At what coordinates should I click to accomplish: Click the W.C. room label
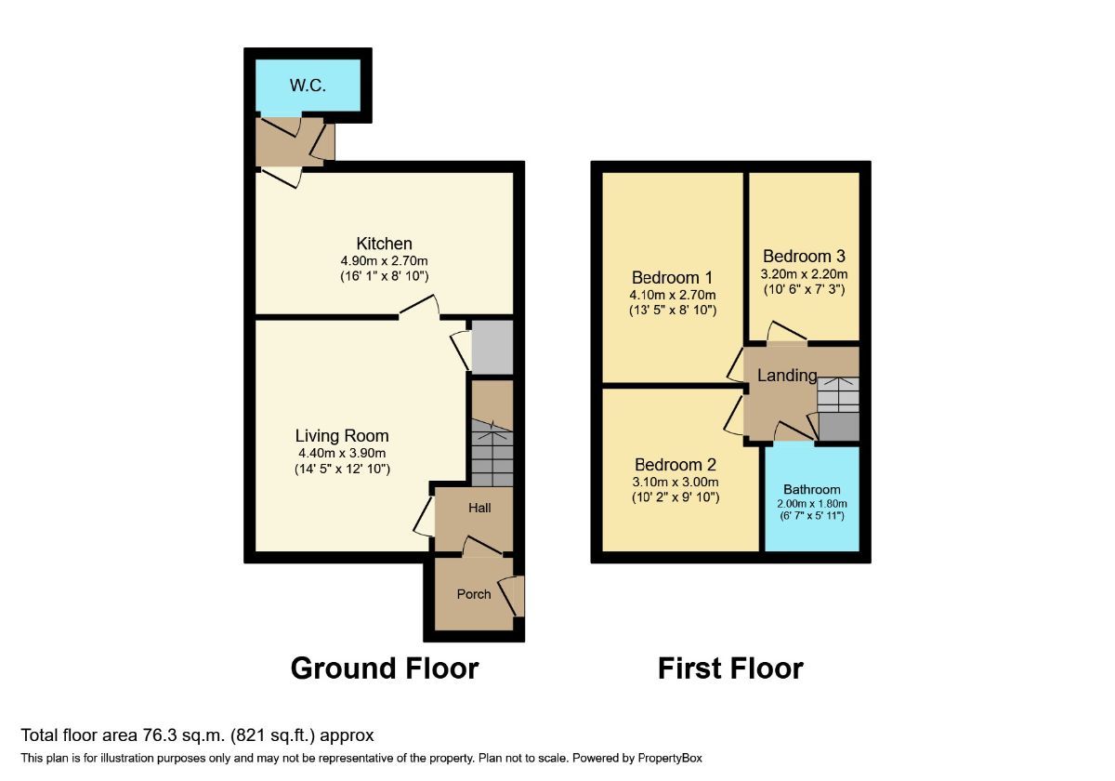pyautogui.click(x=307, y=86)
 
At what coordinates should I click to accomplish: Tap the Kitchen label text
pyautogui.click(x=384, y=244)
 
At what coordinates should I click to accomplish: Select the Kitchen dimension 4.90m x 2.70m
pyautogui.click(x=384, y=261)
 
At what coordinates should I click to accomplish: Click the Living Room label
pyautogui.click(x=342, y=435)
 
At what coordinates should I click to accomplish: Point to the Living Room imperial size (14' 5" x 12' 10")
pyautogui.click(x=342, y=470)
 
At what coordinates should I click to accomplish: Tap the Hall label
pyautogui.click(x=479, y=508)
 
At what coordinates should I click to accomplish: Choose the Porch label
pyautogui.click(x=473, y=594)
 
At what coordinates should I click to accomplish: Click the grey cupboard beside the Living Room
pyautogui.click(x=492, y=347)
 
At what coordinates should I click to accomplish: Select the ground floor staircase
pyautogui.click(x=492, y=452)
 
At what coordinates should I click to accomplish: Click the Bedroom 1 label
pyautogui.click(x=672, y=277)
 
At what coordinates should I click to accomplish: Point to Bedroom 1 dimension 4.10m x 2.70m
pyautogui.click(x=672, y=295)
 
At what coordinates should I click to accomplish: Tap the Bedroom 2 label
pyautogui.click(x=675, y=465)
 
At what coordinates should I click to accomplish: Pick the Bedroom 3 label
pyautogui.click(x=804, y=257)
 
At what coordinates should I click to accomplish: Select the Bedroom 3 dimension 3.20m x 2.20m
pyautogui.click(x=804, y=274)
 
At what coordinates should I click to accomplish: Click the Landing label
pyautogui.click(x=787, y=376)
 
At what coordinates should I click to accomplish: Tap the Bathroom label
pyautogui.click(x=811, y=489)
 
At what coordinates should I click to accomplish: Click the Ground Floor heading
pyautogui.click(x=384, y=668)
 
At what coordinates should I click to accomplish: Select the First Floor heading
pyautogui.click(x=730, y=668)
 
